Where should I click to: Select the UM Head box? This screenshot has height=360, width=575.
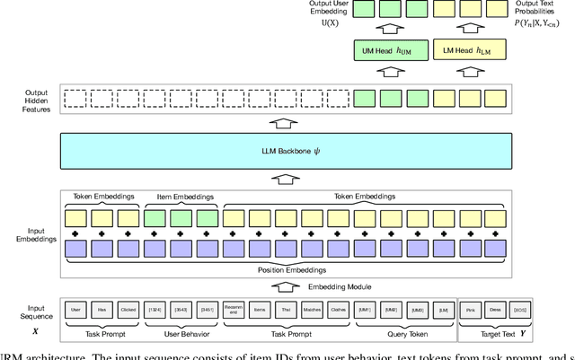[x=389, y=50]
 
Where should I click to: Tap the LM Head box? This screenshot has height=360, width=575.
[x=468, y=50]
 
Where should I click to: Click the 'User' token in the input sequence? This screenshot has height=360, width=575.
[x=75, y=309]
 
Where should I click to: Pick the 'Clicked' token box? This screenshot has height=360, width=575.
[x=128, y=309]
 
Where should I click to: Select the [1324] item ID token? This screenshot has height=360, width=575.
[x=155, y=309]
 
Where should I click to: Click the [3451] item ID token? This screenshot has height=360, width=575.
[x=207, y=309]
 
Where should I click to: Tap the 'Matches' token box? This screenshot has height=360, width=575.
[x=313, y=309]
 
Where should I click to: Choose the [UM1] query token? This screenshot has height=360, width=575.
[x=365, y=309]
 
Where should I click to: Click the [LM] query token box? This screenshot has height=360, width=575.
[x=444, y=309]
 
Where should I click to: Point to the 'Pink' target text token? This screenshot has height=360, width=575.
[x=470, y=309]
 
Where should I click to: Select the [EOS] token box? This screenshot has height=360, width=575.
[x=522, y=309]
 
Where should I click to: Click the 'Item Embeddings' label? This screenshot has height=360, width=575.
[x=181, y=197]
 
